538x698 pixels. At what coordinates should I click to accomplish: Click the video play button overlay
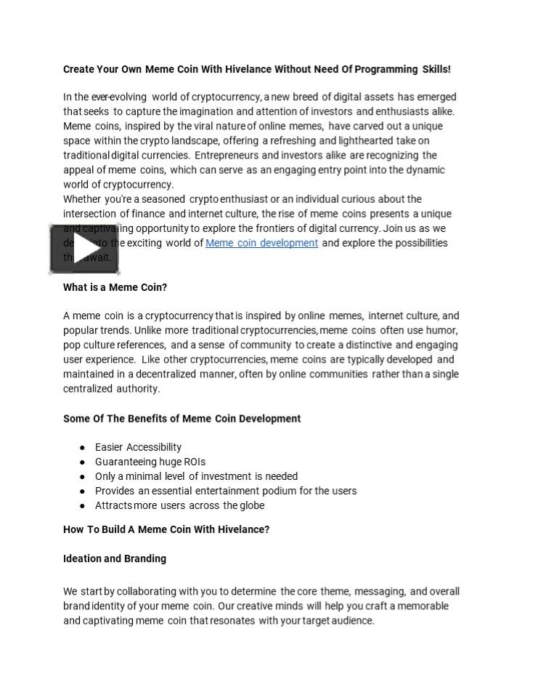point(85,249)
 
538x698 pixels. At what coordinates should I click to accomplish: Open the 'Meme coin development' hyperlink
point(261,243)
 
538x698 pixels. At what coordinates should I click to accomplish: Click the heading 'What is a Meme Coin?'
point(115,287)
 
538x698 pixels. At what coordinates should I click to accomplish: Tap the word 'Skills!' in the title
point(436,69)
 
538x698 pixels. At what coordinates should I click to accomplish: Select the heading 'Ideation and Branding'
point(115,558)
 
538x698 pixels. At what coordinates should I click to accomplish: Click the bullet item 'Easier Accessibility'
point(138,447)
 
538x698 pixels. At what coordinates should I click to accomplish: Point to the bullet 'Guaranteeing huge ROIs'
point(150,462)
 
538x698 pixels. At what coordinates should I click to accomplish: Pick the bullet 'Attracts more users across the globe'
point(179,505)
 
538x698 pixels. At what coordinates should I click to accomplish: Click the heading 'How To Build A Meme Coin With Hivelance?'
point(166,529)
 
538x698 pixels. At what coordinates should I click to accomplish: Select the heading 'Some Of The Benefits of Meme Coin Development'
point(182,418)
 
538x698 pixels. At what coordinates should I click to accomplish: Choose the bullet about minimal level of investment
point(196,476)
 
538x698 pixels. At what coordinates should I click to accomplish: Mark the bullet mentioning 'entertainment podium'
point(226,491)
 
